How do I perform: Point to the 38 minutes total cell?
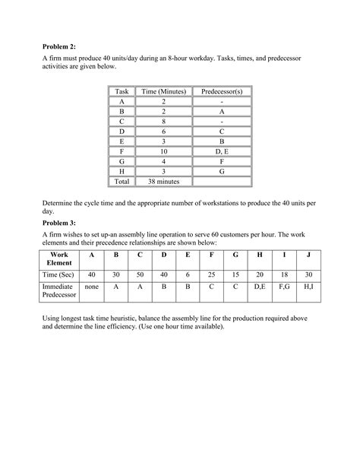[163, 182]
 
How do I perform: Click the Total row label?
[121, 182]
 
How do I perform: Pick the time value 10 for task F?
[163, 151]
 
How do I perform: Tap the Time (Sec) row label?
[58, 275]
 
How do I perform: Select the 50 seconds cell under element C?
[141, 275]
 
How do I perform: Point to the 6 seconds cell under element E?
[188, 275]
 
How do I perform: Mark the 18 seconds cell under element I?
[283, 275]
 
